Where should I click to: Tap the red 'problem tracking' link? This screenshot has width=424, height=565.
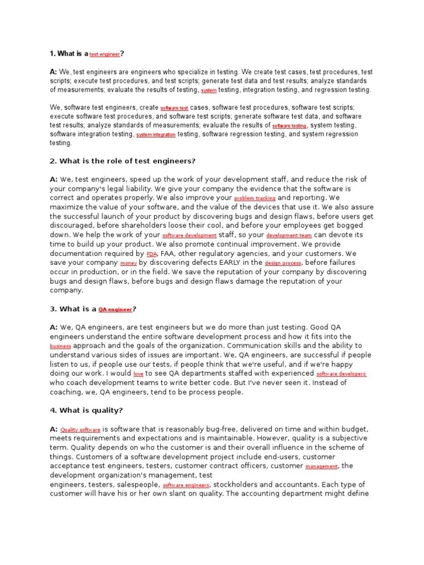(x=255, y=198)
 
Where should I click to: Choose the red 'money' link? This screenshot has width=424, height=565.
(x=128, y=264)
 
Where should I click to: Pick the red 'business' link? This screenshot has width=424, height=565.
(x=61, y=347)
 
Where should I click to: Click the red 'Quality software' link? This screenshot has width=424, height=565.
(x=81, y=429)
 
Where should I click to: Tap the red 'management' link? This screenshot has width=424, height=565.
(x=322, y=467)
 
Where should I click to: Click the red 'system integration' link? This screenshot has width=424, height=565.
(x=156, y=135)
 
